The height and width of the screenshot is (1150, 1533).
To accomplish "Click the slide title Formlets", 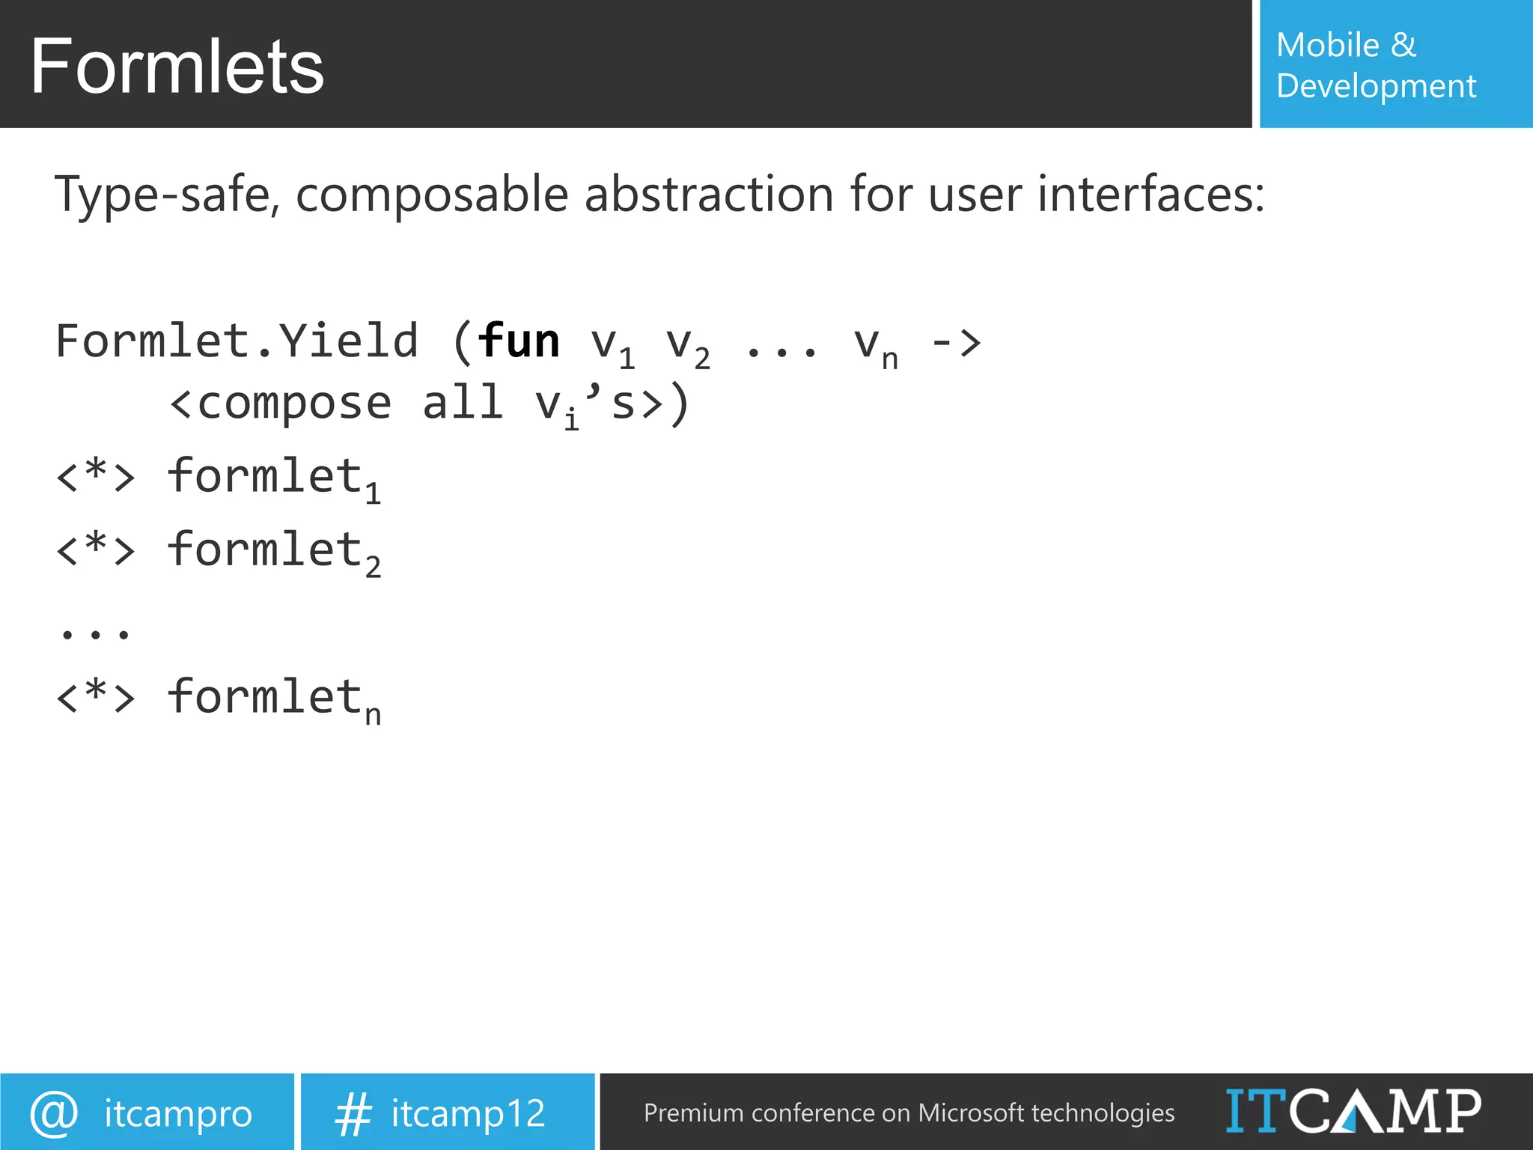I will pyautogui.click(x=177, y=67).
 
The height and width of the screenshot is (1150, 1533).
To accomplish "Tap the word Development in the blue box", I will pyautogui.click(x=1376, y=86).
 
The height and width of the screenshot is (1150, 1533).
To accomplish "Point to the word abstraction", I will pyautogui.click(x=708, y=195).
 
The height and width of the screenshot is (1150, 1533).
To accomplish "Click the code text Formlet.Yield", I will pyautogui.click(x=237, y=341).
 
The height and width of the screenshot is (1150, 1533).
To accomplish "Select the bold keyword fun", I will pyautogui.click(x=518, y=341).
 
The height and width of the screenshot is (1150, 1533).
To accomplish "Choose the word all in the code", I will pyautogui.click(x=462, y=403).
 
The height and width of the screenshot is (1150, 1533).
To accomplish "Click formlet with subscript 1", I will pyautogui.click(x=273, y=477).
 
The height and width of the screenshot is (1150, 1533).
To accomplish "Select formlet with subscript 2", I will pyautogui.click(x=273, y=550).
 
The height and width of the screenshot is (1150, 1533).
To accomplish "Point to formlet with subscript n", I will pyautogui.click(x=273, y=698).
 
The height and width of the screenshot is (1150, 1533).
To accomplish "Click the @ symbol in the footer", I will pyautogui.click(x=54, y=1113).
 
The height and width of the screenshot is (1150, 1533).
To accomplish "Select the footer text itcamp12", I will pyautogui.click(x=468, y=1113).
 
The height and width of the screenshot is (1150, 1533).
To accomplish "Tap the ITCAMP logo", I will pyautogui.click(x=1353, y=1111).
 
